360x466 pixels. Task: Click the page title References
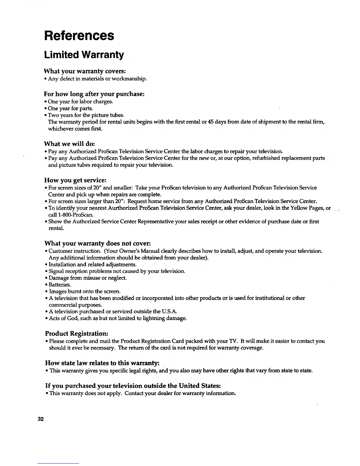[x=79, y=36]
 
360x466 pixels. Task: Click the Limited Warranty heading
[x=84, y=55]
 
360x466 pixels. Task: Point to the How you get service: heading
[x=75, y=180]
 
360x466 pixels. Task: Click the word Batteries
[x=60, y=285]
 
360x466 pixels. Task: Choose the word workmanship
[x=132, y=79]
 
